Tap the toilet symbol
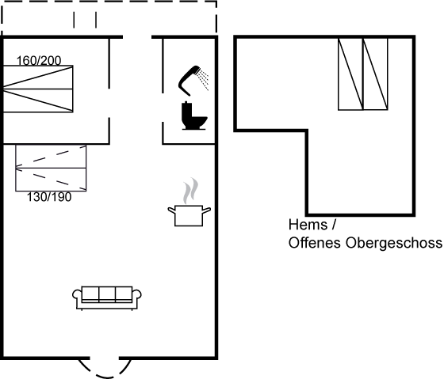tap(193, 116)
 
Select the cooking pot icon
tap(189, 216)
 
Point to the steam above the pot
tap(190, 191)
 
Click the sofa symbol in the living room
tap(107, 298)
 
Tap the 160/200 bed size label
tap(39, 61)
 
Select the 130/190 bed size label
tap(49, 197)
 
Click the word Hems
tap(308, 225)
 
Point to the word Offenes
tap(314, 243)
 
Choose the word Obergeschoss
tap(393, 243)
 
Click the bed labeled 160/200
tap(38, 89)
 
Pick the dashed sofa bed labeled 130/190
tap(51, 168)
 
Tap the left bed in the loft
tap(350, 74)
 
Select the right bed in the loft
tap(376, 74)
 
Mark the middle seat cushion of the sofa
tap(107, 294)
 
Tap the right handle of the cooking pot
tap(206, 210)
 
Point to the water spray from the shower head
tap(203, 80)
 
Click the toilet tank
tap(187, 112)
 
